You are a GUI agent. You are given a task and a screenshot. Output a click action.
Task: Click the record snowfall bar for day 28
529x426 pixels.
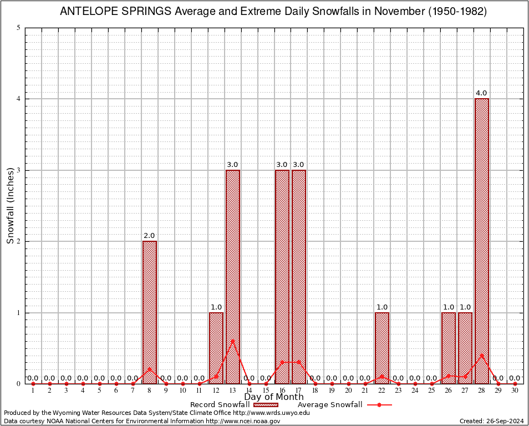coord(481,241)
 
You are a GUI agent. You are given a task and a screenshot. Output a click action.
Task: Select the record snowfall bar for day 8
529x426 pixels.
coord(149,312)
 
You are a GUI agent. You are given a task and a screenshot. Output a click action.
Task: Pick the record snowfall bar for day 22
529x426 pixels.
coord(382,348)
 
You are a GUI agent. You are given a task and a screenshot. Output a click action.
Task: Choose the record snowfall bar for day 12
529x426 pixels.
coord(216,348)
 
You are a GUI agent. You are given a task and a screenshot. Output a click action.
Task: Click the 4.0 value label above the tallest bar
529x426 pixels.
coord(481,93)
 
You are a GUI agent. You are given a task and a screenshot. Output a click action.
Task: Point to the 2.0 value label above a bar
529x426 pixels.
coord(149,236)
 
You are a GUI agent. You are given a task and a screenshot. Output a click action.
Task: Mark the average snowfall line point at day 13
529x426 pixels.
coord(232,341)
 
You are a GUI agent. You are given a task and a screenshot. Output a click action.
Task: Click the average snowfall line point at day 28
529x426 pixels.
coord(481,355)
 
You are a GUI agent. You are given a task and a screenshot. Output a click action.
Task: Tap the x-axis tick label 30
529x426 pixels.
coord(515,391)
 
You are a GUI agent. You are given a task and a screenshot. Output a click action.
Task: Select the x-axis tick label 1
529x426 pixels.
coord(33,391)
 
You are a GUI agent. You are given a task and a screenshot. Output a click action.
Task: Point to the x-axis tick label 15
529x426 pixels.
coord(266,391)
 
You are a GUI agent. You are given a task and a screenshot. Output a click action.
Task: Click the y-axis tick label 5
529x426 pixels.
coord(19,28)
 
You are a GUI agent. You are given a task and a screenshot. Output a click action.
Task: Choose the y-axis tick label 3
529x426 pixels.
coord(19,170)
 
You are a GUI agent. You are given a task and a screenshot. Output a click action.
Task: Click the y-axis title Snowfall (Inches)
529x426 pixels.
coord(10,206)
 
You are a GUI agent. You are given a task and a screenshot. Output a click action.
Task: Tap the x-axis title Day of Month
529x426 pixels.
coord(274,397)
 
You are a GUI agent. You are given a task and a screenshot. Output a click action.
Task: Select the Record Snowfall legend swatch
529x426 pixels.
coord(266,405)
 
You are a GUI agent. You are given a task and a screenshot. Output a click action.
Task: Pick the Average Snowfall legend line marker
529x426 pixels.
coord(379,405)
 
